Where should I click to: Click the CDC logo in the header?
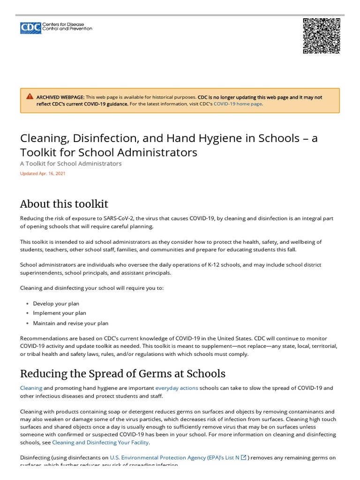(x=56, y=28)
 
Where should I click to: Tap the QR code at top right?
(x=321, y=36)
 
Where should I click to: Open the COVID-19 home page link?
(x=238, y=104)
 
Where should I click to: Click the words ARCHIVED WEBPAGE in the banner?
(x=60, y=97)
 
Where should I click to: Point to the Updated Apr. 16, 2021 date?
(x=43, y=173)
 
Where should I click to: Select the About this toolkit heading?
(x=64, y=204)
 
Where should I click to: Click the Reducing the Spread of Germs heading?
(x=122, y=374)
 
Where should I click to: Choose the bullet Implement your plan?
(x=60, y=313)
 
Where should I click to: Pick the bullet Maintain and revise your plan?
(x=70, y=323)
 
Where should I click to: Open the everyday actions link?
(x=177, y=388)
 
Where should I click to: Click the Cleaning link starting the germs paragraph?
(x=31, y=388)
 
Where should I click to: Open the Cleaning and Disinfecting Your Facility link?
(x=100, y=442)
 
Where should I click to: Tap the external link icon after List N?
(x=243, y=457)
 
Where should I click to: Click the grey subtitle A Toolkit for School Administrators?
(x=71, y=164)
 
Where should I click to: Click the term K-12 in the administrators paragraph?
(x=214, y=265)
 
